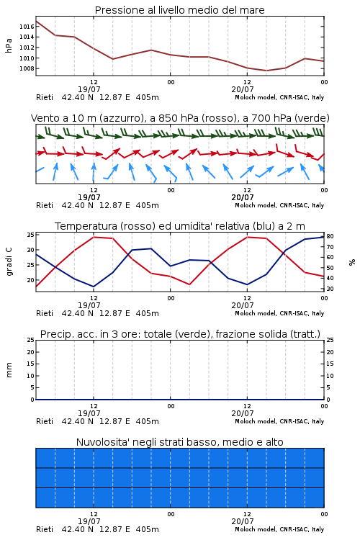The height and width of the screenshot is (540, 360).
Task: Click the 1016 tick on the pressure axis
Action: [27, 27]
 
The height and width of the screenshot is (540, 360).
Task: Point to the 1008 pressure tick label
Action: [27, 68]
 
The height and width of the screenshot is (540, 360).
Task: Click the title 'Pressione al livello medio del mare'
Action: [180, 10]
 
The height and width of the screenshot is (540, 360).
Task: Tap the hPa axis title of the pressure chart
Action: [9, 45]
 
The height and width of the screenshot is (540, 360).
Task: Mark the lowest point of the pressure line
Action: [266, 71]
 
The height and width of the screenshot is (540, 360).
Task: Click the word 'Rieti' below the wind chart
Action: [45, 205]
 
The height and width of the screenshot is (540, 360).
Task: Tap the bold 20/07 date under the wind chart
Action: [243, 197]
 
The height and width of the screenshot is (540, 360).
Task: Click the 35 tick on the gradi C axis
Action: [30, 235]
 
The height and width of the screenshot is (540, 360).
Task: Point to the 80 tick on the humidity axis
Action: [330, 236]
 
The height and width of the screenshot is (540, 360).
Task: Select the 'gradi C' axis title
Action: [9, 261]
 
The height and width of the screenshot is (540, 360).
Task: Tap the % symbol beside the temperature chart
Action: [352, 262]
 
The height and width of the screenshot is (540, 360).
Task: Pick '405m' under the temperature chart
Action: [147, 313]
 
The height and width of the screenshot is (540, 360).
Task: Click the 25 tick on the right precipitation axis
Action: [330, 340]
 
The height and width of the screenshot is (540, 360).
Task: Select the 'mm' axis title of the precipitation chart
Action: [9, 369]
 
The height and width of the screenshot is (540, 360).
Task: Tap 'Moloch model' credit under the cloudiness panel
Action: [256, 529]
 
